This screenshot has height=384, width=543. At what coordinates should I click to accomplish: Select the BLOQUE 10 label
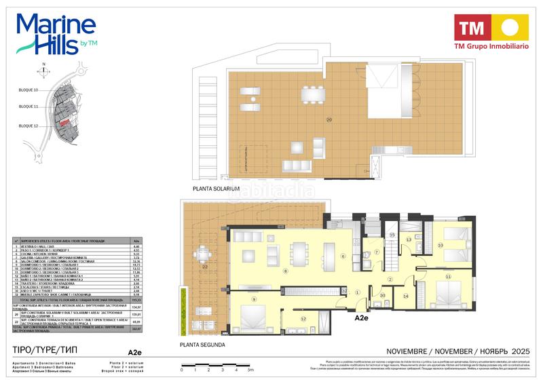[x=29, y=90]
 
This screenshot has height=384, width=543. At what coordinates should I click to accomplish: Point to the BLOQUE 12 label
[x=29, y=126]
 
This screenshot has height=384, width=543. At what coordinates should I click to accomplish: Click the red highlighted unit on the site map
[x=62, y=123]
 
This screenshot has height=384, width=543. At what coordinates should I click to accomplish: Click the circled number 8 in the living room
[x=286, y=271]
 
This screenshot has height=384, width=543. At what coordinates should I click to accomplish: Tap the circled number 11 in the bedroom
[x=448, y=277]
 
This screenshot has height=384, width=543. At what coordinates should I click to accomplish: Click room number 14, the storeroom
[x=406, y=296]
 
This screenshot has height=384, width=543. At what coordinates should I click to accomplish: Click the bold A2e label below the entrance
[x=361, y=317]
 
